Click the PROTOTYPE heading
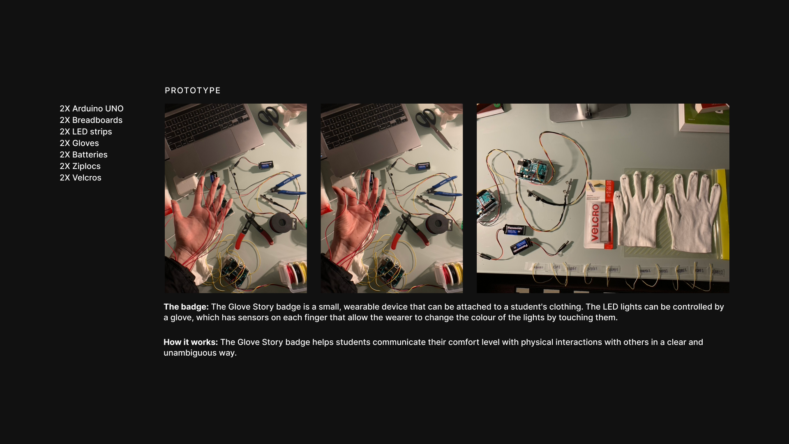coord(192,90)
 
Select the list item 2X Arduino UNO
coord(91,109)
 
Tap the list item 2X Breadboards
coord(91,120)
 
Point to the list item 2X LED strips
coord(85,132)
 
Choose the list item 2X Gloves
coord(79,143)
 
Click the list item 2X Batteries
coord(83,155)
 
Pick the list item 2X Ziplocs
coord(80,166)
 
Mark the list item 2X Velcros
coord(80,178)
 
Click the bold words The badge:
coord(186,307)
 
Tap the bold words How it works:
coord(190,342)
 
